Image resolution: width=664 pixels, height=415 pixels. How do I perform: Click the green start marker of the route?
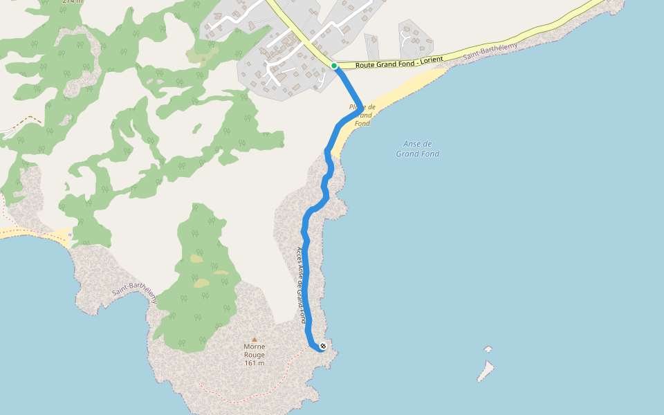334,66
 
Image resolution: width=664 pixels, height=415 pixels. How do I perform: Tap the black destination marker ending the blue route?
323,346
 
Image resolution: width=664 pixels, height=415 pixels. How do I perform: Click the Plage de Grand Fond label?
362,115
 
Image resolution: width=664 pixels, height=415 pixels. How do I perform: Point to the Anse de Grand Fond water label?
418,149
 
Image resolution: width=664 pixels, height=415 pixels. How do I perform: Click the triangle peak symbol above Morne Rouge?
254,339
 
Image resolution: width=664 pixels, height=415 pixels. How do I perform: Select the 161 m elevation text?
255,363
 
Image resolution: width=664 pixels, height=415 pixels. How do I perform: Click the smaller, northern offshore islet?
488,349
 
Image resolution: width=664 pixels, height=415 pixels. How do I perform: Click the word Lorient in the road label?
430,60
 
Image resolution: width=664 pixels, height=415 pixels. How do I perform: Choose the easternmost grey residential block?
415,38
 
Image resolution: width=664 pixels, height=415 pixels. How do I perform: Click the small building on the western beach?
71,235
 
